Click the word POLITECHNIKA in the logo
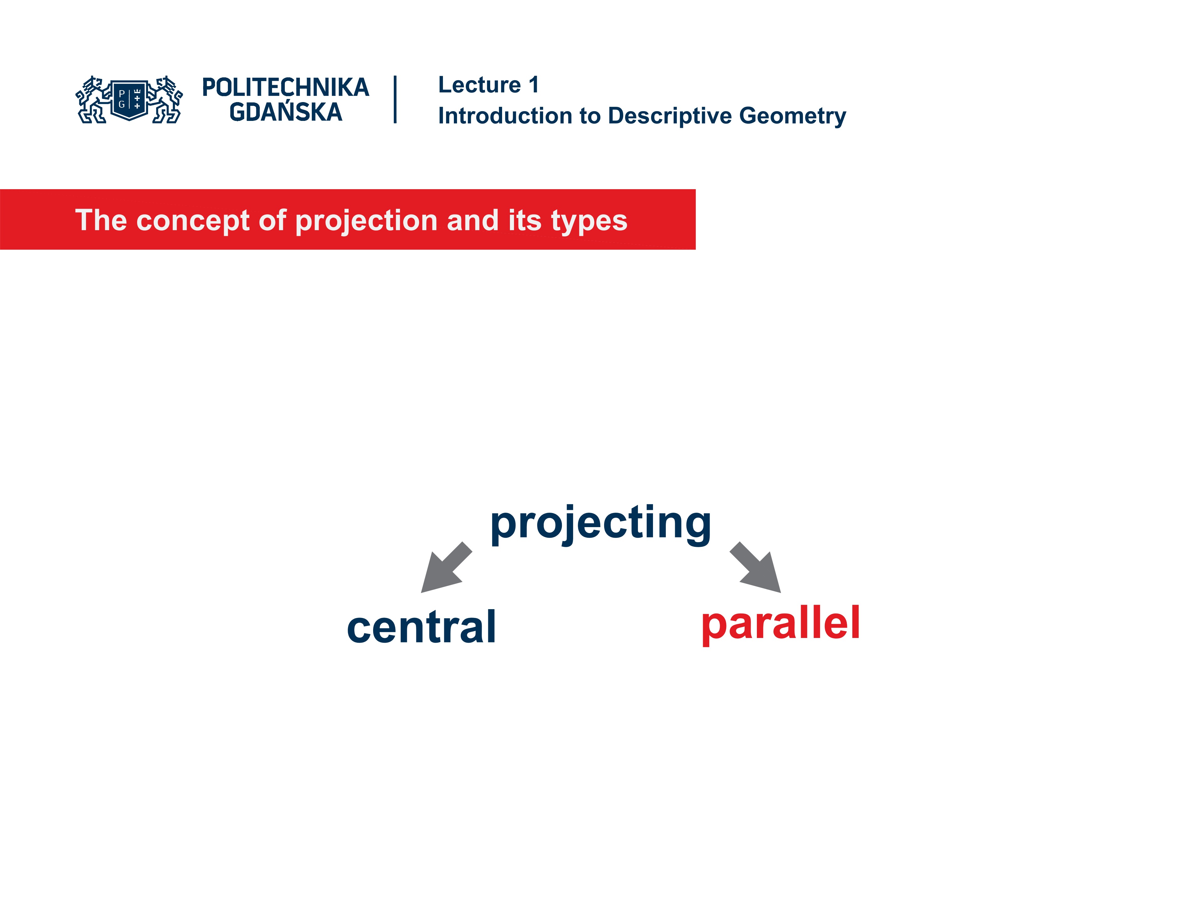pos(285,87)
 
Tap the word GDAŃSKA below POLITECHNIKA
pos(286,112)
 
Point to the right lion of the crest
pos(166,100)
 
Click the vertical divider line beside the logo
pos(395,100)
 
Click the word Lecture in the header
pos(479,85)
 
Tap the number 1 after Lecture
pos(534,85)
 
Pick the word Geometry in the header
pos(792,116)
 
